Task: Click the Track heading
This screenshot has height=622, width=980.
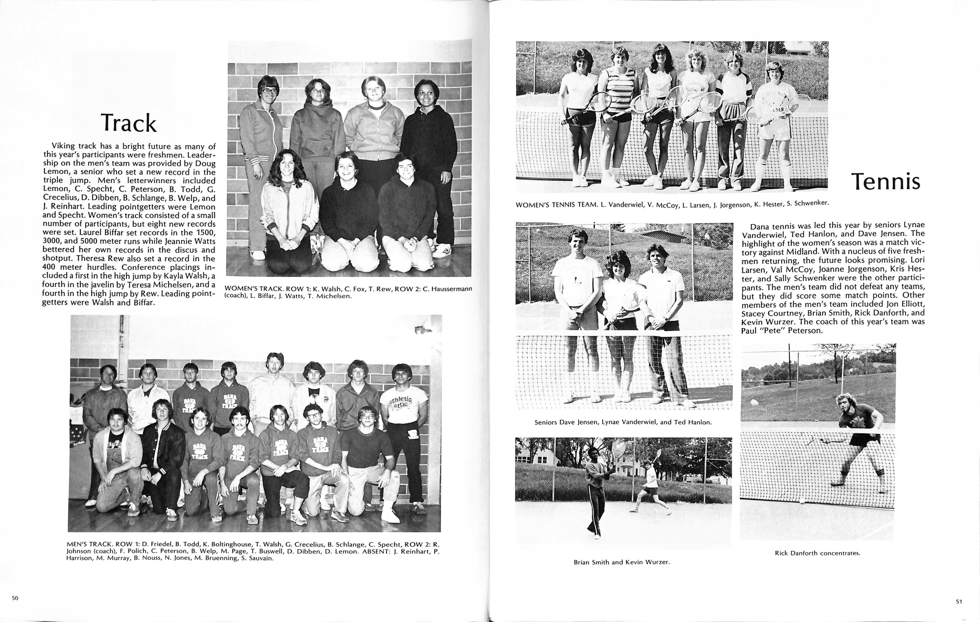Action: (x=128, y=123)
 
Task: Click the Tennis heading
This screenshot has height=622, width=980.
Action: (x=885, y=182)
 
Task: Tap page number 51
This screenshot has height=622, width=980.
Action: (x=959, y=601)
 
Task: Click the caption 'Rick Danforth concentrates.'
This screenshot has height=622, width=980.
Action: (x=817, y=553)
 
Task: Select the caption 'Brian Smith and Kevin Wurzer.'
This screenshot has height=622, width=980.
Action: (x=621, y=562)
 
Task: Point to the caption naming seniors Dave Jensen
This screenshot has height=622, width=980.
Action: (x=623, y=422)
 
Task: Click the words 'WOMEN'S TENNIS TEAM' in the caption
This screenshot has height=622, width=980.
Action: (x=554, y=205)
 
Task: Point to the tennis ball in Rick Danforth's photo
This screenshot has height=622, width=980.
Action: (x=753, y=402)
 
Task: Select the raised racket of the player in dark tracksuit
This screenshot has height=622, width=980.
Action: (x=618, y=449)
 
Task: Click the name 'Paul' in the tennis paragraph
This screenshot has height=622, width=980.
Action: (x=750, y=331)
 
